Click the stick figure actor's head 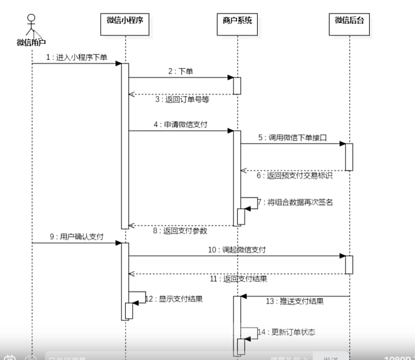pyautogui.click(x=32, y=19)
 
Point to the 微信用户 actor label pyautogui.click(x=31, y=42)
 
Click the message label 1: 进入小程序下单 pyautogui.click(x=77, y=57)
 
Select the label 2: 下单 pyautogui.click(x=181, y=71)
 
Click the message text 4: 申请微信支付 pyautogui.click(x=181, y=125)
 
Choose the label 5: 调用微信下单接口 pyautogui.click(x=292, y=138)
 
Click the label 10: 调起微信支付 pyautogui.click(x=237, y=250)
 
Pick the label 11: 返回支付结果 pyautogui.click(x=238, y=279)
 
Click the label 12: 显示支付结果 pyautogui.click(x=174, y=298)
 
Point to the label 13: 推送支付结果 pyautogui.click(x=295, y=301)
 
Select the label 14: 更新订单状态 pyautogui.click(x=286, y=332)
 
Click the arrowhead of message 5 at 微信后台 pyautogui.click(x=342, y=143)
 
